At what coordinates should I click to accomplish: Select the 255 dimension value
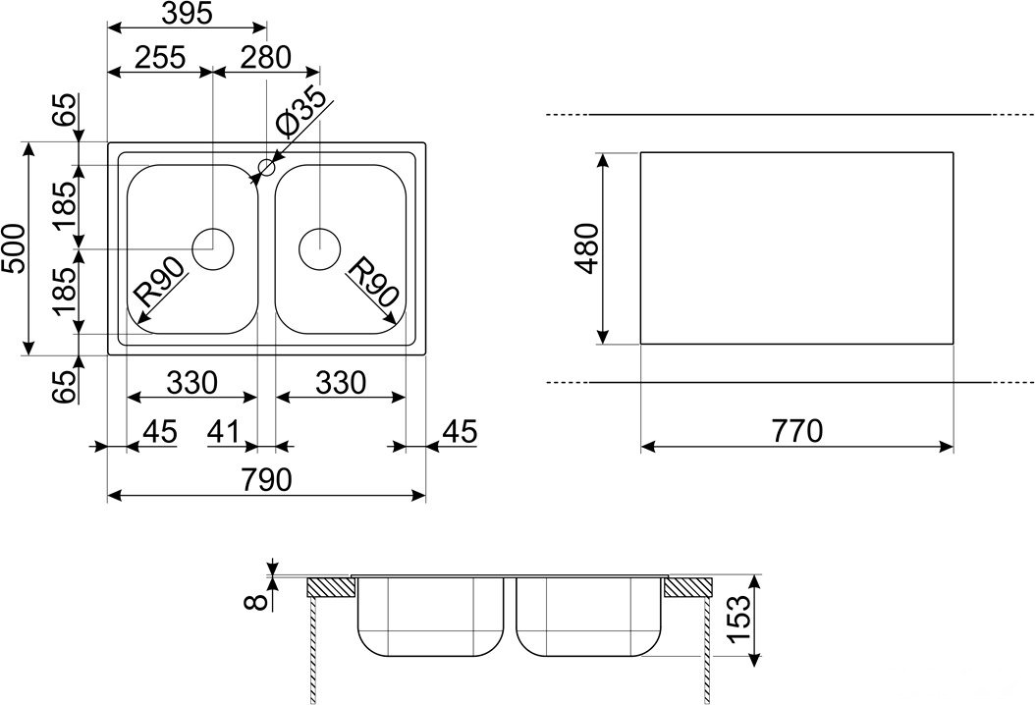[160, 57]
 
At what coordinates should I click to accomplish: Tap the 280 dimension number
[265, 57]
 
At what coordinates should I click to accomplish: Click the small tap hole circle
[267, 167]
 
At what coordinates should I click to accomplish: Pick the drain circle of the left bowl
[212, 248]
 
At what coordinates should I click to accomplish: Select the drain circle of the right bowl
[319, 248]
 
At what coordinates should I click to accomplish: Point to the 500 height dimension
[13, 248]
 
